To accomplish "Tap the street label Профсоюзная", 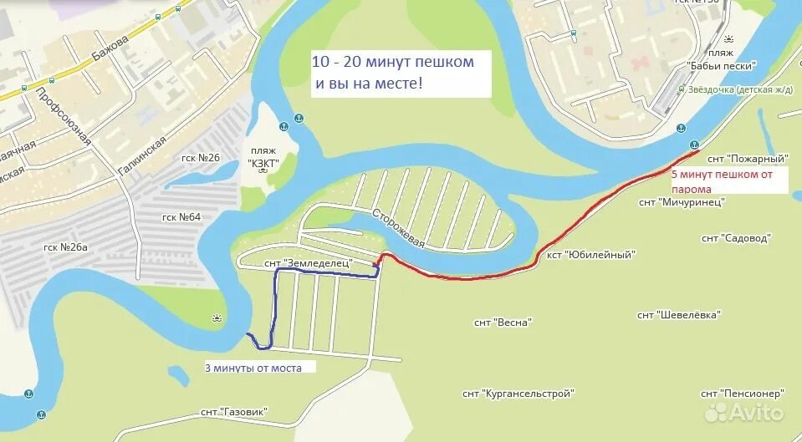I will [x=63, y=116].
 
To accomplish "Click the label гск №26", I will [x=200, y=157].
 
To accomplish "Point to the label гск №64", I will [x=181, y=217].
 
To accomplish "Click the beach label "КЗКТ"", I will [x=263, y=163].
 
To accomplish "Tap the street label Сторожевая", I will [x=400, y=226].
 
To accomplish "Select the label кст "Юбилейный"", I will [x=591, y=254].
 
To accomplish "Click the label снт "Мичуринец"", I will [x=681, y=201].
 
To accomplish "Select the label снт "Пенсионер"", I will [x=741, y=393].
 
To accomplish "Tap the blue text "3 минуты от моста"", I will [x=259, y=367].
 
